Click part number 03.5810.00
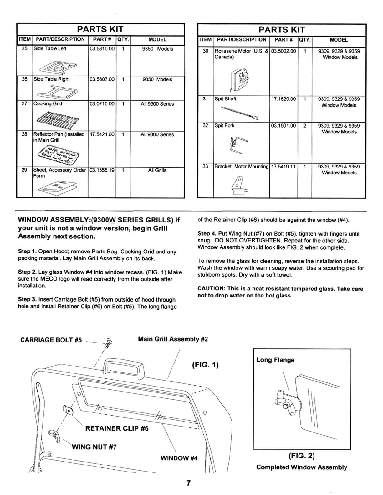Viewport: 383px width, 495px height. [x=102, y=49]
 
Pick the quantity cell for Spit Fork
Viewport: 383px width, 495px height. [x=305, y=126]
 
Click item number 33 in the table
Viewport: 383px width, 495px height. [x=205, y=166]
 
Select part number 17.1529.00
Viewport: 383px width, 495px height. [x=283, y=99]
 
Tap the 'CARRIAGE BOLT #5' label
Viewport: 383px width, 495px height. [x=51, y=340]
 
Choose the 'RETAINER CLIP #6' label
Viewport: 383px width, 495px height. [x=117, y=428]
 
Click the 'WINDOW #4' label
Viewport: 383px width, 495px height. [x=179, y=458]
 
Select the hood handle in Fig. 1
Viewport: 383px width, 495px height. [x=124, y=365]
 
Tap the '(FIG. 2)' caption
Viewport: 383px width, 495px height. [x=301, y=456]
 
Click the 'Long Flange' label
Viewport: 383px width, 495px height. [x=275, y=360]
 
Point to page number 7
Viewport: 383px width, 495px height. [x=189, y=483]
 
